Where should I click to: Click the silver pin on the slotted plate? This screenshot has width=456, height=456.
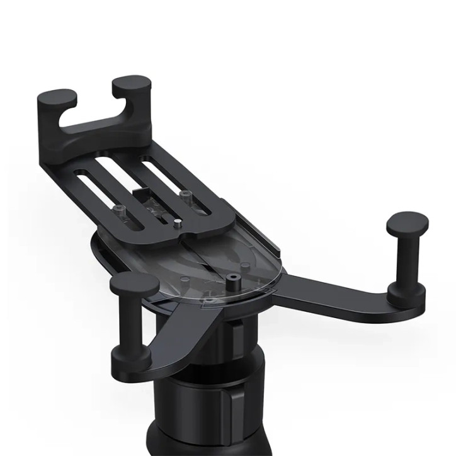tap(178, 221)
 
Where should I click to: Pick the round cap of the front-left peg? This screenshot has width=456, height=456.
tap(134, 284)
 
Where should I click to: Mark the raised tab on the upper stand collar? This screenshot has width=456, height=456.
tap(237, 331)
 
